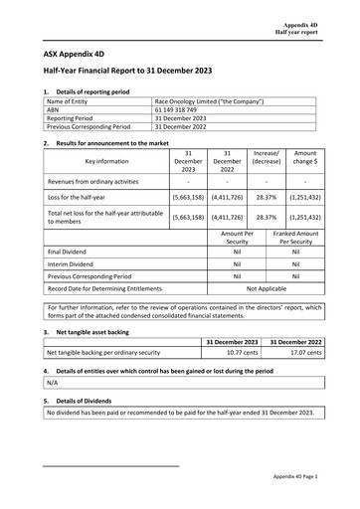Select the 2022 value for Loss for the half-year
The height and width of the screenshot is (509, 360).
coord(228,198)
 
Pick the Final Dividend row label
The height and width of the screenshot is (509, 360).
coord(71,253)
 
